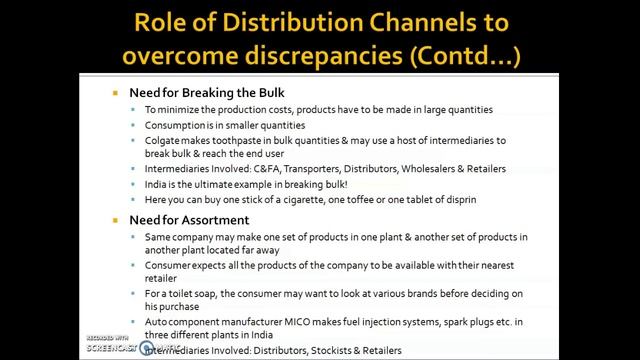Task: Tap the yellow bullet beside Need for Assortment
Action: tap(116, 220)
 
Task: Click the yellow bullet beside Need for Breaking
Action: tap(116, 93)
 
